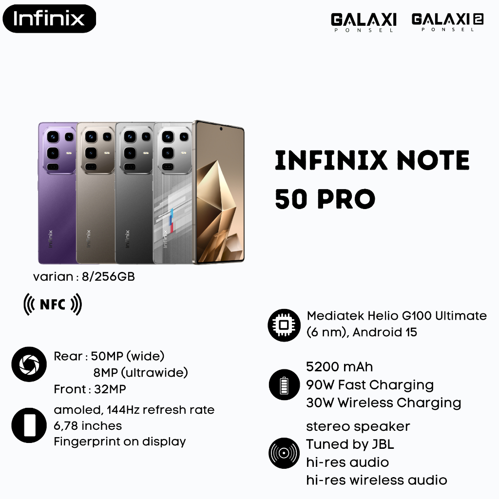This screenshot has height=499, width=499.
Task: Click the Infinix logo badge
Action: click(48, 19)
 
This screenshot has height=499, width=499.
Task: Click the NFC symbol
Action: click(53, 305)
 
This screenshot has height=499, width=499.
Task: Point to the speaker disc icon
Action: click(284, 453)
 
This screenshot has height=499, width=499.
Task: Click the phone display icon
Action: click(29, 425)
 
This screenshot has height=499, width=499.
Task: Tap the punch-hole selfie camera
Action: click(221, 129)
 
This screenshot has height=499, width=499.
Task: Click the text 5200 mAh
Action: click(339, 366)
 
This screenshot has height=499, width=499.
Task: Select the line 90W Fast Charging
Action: click(370, 385)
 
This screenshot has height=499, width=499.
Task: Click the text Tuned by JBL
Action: click(350, 444)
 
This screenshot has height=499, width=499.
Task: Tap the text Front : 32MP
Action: click(90, 389)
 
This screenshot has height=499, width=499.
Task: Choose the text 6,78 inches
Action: click(88, 426)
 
